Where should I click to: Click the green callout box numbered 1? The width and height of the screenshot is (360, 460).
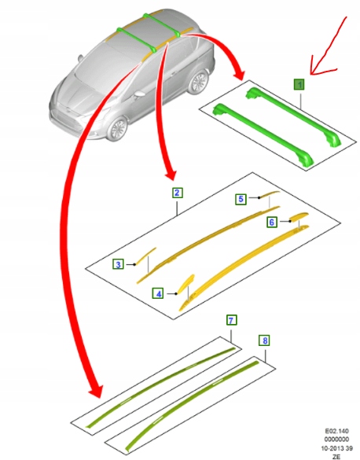click(x=299, y=84)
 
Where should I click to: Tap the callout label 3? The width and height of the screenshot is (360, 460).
click(x=117, y=264)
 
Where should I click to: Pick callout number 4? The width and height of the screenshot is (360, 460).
click(x=158, y=293)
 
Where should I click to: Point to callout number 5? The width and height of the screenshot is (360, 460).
click(x=242, y=200)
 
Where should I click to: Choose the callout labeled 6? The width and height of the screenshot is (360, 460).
click(x=271, y=223)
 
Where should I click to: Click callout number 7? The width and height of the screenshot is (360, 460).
click(x=231, y=320)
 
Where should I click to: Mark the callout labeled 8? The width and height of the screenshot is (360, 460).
click(x=265, y=340)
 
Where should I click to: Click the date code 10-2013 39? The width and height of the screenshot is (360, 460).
click(x=336, y=447)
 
